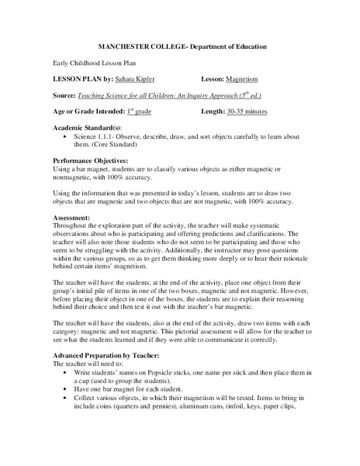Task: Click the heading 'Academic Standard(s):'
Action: [x=87, y=127]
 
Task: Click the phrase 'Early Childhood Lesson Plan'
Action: [x=91, y=64]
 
